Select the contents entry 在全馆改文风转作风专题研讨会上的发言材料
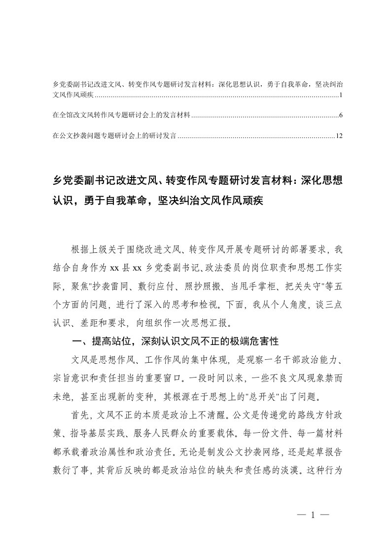point(121,116)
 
